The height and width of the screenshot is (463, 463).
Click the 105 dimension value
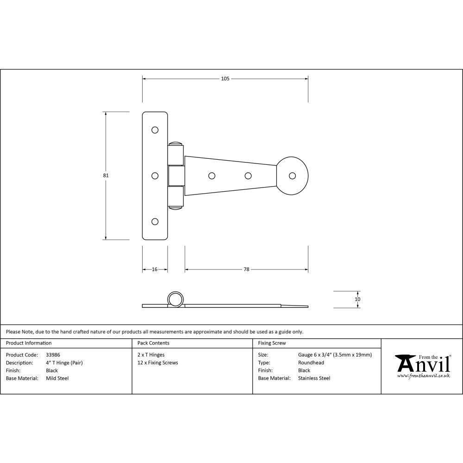[x=225, y=79]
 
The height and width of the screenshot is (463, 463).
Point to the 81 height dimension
[x=106, y=175]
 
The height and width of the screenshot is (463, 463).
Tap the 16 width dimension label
[x=155, y=269]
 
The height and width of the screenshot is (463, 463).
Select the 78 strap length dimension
[x=246, y=269]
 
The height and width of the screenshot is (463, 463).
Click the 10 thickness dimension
[x=357, y=299]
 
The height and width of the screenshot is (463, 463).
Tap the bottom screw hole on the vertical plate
[x=155, y=221]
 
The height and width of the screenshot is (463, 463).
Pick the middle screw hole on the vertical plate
[x=155, y=175]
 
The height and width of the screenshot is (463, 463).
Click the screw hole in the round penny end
[x=292, y=175]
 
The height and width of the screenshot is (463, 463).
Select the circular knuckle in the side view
[x=175, y=299]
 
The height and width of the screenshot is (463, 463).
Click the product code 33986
[x=53, y=355]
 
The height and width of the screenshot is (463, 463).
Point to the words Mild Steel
[x=57, y=378]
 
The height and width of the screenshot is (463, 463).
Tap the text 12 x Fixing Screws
[x=158, y=363]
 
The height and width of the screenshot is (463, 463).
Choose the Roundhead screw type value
[x=311, y=363]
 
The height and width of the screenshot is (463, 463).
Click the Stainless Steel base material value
[x=314, y=378]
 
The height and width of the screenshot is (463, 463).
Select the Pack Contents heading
[x=153, y=343]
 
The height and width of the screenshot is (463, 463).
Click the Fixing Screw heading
[x=272, y=343]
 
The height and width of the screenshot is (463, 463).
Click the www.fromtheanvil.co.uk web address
[x=424, y=376]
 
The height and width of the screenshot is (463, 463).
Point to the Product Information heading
[x=29, y=343]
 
